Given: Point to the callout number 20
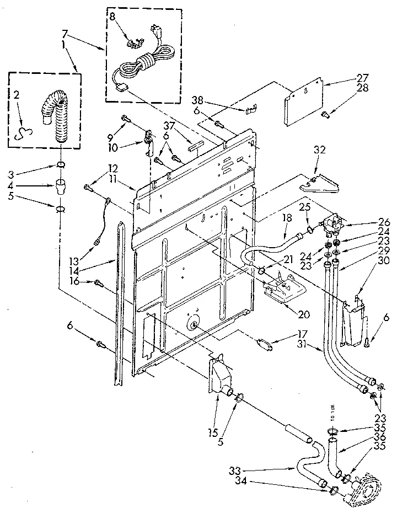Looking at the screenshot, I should pyautogui.click(x=302, y=315).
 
